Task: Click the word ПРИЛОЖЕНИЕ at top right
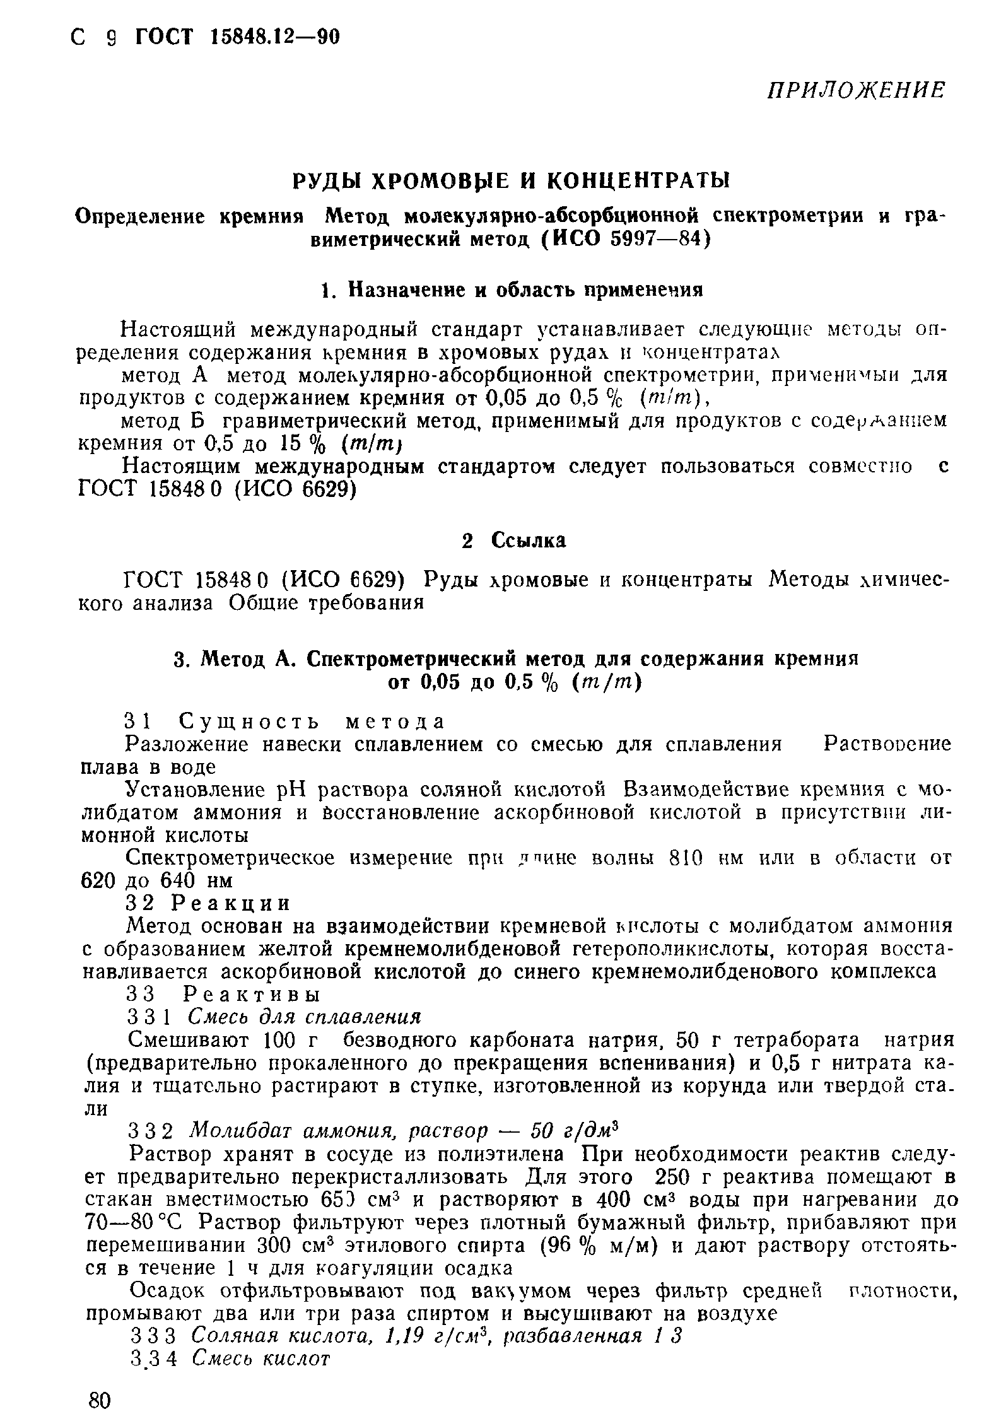click(x=856, y=90)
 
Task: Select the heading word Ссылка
click(x=528, y=540)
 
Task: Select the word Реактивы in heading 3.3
click(x=250, y=995)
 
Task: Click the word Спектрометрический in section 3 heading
click(x=412, y=659)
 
